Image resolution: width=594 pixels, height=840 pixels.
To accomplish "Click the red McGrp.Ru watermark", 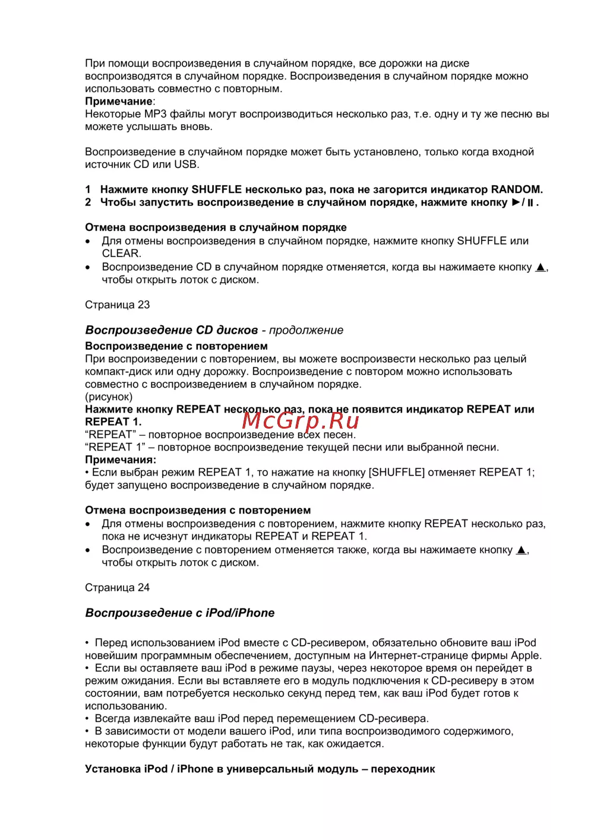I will tap(301, 420).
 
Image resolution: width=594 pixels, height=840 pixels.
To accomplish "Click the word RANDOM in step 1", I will tap(516, 190).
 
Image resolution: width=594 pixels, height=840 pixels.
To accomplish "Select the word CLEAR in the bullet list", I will tap(121, 253).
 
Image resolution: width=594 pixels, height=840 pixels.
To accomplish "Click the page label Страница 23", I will tap(118, 305).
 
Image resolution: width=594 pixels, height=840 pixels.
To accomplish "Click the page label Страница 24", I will tap(118, 588).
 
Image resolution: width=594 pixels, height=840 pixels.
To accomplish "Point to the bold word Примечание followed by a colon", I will tap(119, 102).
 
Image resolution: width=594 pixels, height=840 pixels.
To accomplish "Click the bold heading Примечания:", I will tap(121, 460).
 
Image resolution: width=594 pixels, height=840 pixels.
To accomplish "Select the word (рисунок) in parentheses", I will tap(109, 397).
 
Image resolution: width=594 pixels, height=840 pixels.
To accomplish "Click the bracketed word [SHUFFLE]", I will tap(397, 473).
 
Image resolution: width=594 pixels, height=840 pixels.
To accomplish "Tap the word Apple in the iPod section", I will tap(526, 655).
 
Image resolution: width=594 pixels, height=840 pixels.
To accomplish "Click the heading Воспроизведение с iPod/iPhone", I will tap(179, 613).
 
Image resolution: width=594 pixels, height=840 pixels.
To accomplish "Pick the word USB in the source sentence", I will tap(185, 164).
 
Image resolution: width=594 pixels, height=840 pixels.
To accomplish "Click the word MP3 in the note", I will tap(156, 114).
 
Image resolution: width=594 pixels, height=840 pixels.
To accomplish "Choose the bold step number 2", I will tap(88, 202).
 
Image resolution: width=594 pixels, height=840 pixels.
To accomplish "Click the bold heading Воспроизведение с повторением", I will tap(176, 346).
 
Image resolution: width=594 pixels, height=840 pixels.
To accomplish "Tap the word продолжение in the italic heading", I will tap(306, 330).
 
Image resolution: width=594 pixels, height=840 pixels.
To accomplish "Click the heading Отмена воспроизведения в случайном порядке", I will tap(216, 227).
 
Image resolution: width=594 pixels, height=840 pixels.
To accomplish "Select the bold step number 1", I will tap(88, 190).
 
